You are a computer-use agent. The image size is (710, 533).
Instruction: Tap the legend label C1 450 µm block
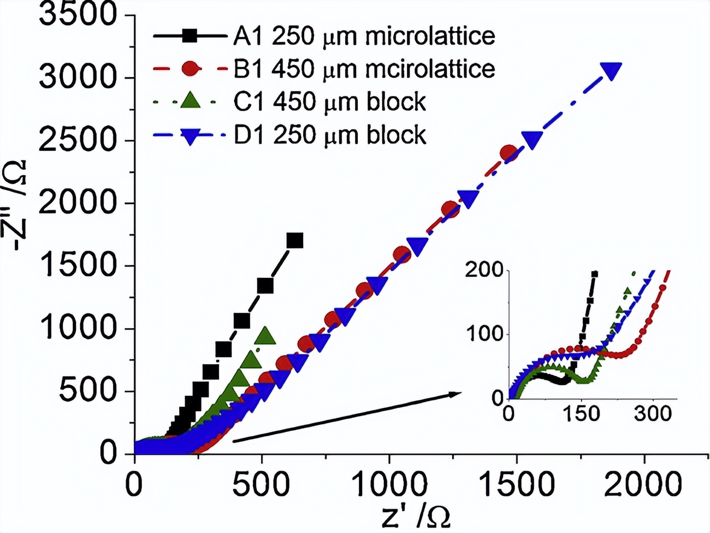pos(330,102)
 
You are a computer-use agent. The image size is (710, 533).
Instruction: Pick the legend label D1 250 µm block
pos(330,135)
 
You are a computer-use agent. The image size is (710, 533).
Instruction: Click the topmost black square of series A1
pos(295,240)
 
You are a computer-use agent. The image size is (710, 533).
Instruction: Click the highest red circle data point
pos(509,153)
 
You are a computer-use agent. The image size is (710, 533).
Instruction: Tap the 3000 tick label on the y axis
pos(78,78)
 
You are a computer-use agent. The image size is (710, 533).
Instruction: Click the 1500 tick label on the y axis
pos(78,266)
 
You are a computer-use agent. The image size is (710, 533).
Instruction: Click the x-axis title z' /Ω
pos(416,517)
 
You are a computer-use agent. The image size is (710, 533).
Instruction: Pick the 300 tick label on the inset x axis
pos(653,413)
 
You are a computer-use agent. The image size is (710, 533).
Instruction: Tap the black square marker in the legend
pos(190,37)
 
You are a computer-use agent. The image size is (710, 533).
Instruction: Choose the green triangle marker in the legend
pos(190,101)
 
